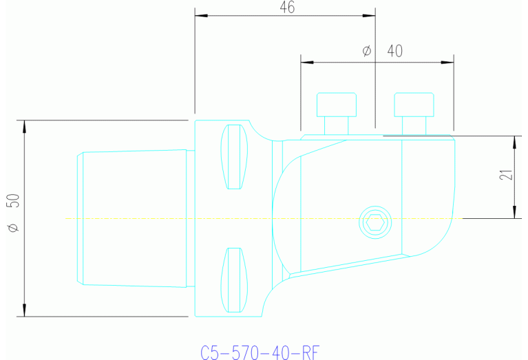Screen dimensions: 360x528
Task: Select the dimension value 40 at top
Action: [395, 51]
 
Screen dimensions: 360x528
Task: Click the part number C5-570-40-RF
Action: [260, 352]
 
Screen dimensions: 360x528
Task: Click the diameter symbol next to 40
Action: [366, 51]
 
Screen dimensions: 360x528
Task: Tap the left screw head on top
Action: [337, 105]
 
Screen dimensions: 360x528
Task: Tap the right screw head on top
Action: [414, 105]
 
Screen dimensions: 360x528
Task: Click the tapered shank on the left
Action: [132, 217]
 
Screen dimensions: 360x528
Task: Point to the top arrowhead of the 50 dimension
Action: [25, 125]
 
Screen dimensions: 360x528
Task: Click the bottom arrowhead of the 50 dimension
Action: [25, 311]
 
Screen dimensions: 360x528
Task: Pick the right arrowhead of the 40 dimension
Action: [449, 63]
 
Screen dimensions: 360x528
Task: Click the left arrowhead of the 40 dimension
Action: [306, 63]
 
